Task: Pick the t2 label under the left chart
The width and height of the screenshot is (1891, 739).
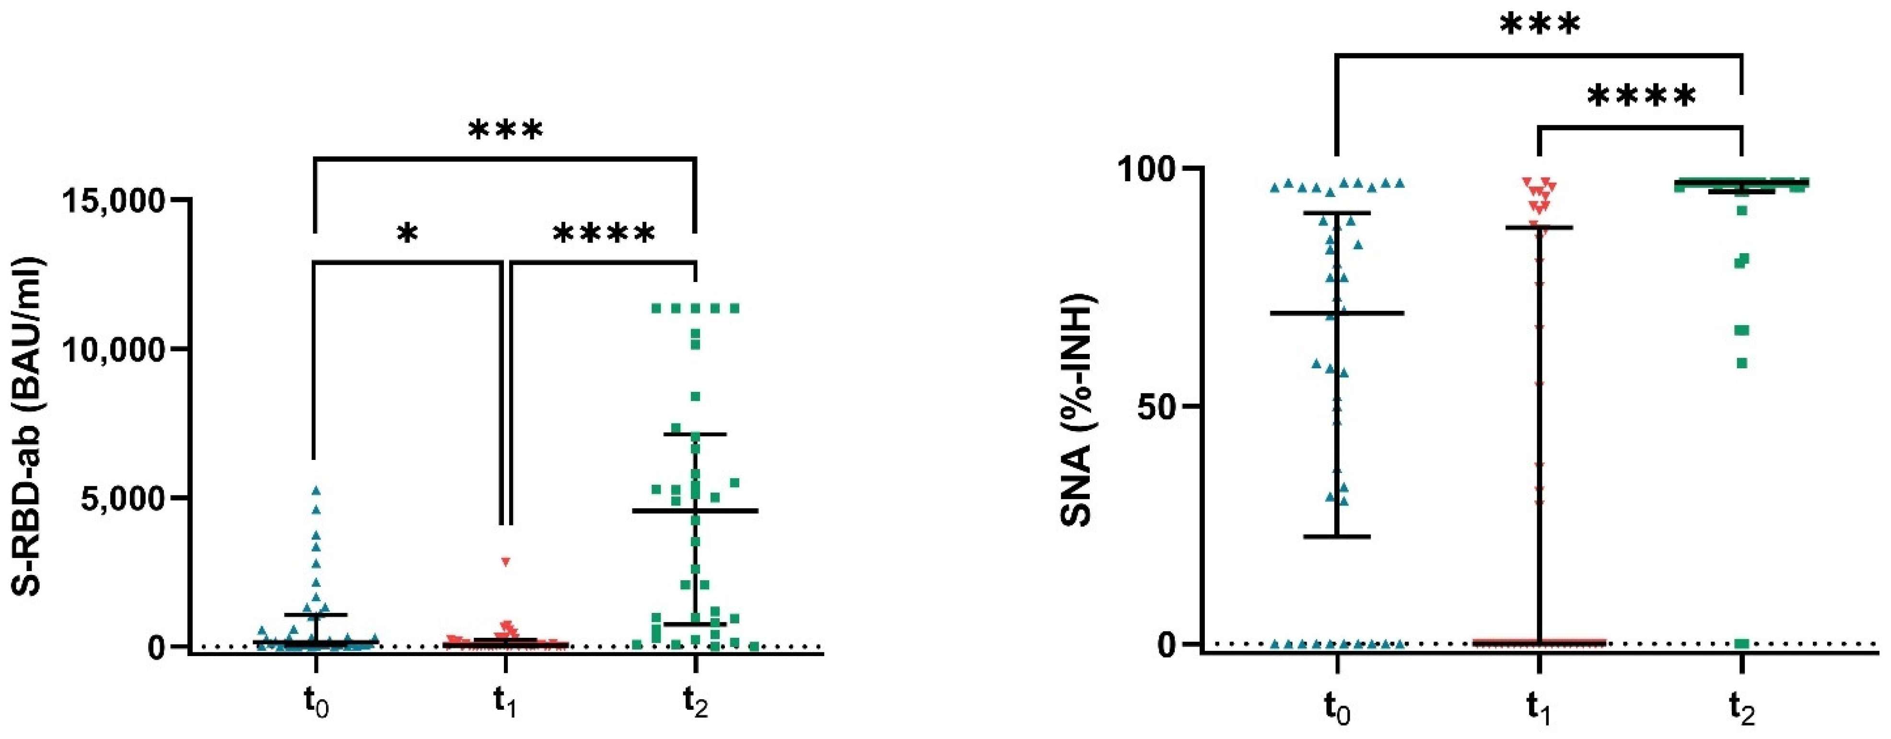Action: pyautogui.click(x=695, y=703)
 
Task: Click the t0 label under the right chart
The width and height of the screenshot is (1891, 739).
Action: pyautogui.click(x=1338, y=710)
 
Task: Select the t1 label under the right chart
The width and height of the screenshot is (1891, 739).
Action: pyautogui.click(x=1540, y=710)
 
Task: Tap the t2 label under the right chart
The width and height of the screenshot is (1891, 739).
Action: pyautogui.click(x=1742, y=710)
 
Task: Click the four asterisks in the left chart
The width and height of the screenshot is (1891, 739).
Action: pyautogui.click(x=604, y=235)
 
